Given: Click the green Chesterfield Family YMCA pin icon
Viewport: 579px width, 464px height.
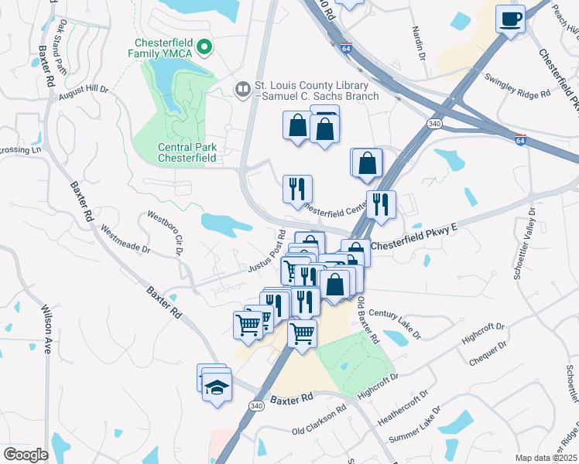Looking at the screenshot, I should (x=205, y=48).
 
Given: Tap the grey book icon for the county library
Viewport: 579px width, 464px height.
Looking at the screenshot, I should (x=243, y=90).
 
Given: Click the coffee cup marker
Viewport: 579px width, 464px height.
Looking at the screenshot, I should (x=510, y=19).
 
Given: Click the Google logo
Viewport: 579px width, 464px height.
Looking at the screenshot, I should (x=26, y=455).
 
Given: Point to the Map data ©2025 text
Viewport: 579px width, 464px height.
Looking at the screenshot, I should (x=546, y=458).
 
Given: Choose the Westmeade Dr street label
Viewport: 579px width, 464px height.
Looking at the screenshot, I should (x=125, y=235).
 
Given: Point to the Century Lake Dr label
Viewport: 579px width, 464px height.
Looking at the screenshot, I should (x=395, y=324).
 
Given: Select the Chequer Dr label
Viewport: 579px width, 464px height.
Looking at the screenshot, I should (x=487, y=353).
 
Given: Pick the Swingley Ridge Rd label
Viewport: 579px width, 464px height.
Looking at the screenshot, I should (x=517, y=86).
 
